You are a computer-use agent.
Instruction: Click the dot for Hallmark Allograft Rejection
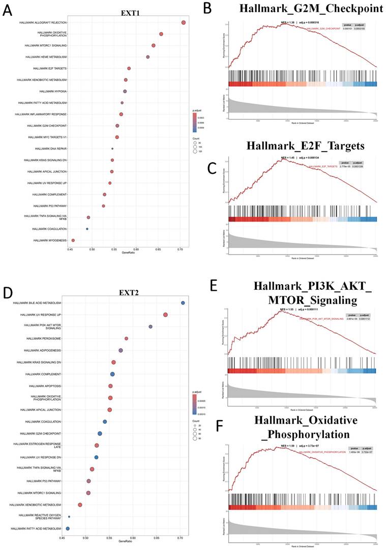coord(184,22)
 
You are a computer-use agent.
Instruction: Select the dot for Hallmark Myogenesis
coord(73,240)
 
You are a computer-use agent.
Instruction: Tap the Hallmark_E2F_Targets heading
coord(305,146)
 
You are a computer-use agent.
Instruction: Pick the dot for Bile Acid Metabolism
coord(183,303)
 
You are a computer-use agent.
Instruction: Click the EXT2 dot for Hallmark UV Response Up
coord(165,315)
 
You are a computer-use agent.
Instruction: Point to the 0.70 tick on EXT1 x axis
coord(180,250)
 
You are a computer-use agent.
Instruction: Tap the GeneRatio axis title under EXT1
coord(121,255)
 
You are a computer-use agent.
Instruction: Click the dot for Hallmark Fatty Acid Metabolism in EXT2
coord(68,529)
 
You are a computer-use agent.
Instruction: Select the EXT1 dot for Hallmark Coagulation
coord(87,229)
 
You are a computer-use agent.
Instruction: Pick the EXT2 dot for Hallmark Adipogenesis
coord(121,350)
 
